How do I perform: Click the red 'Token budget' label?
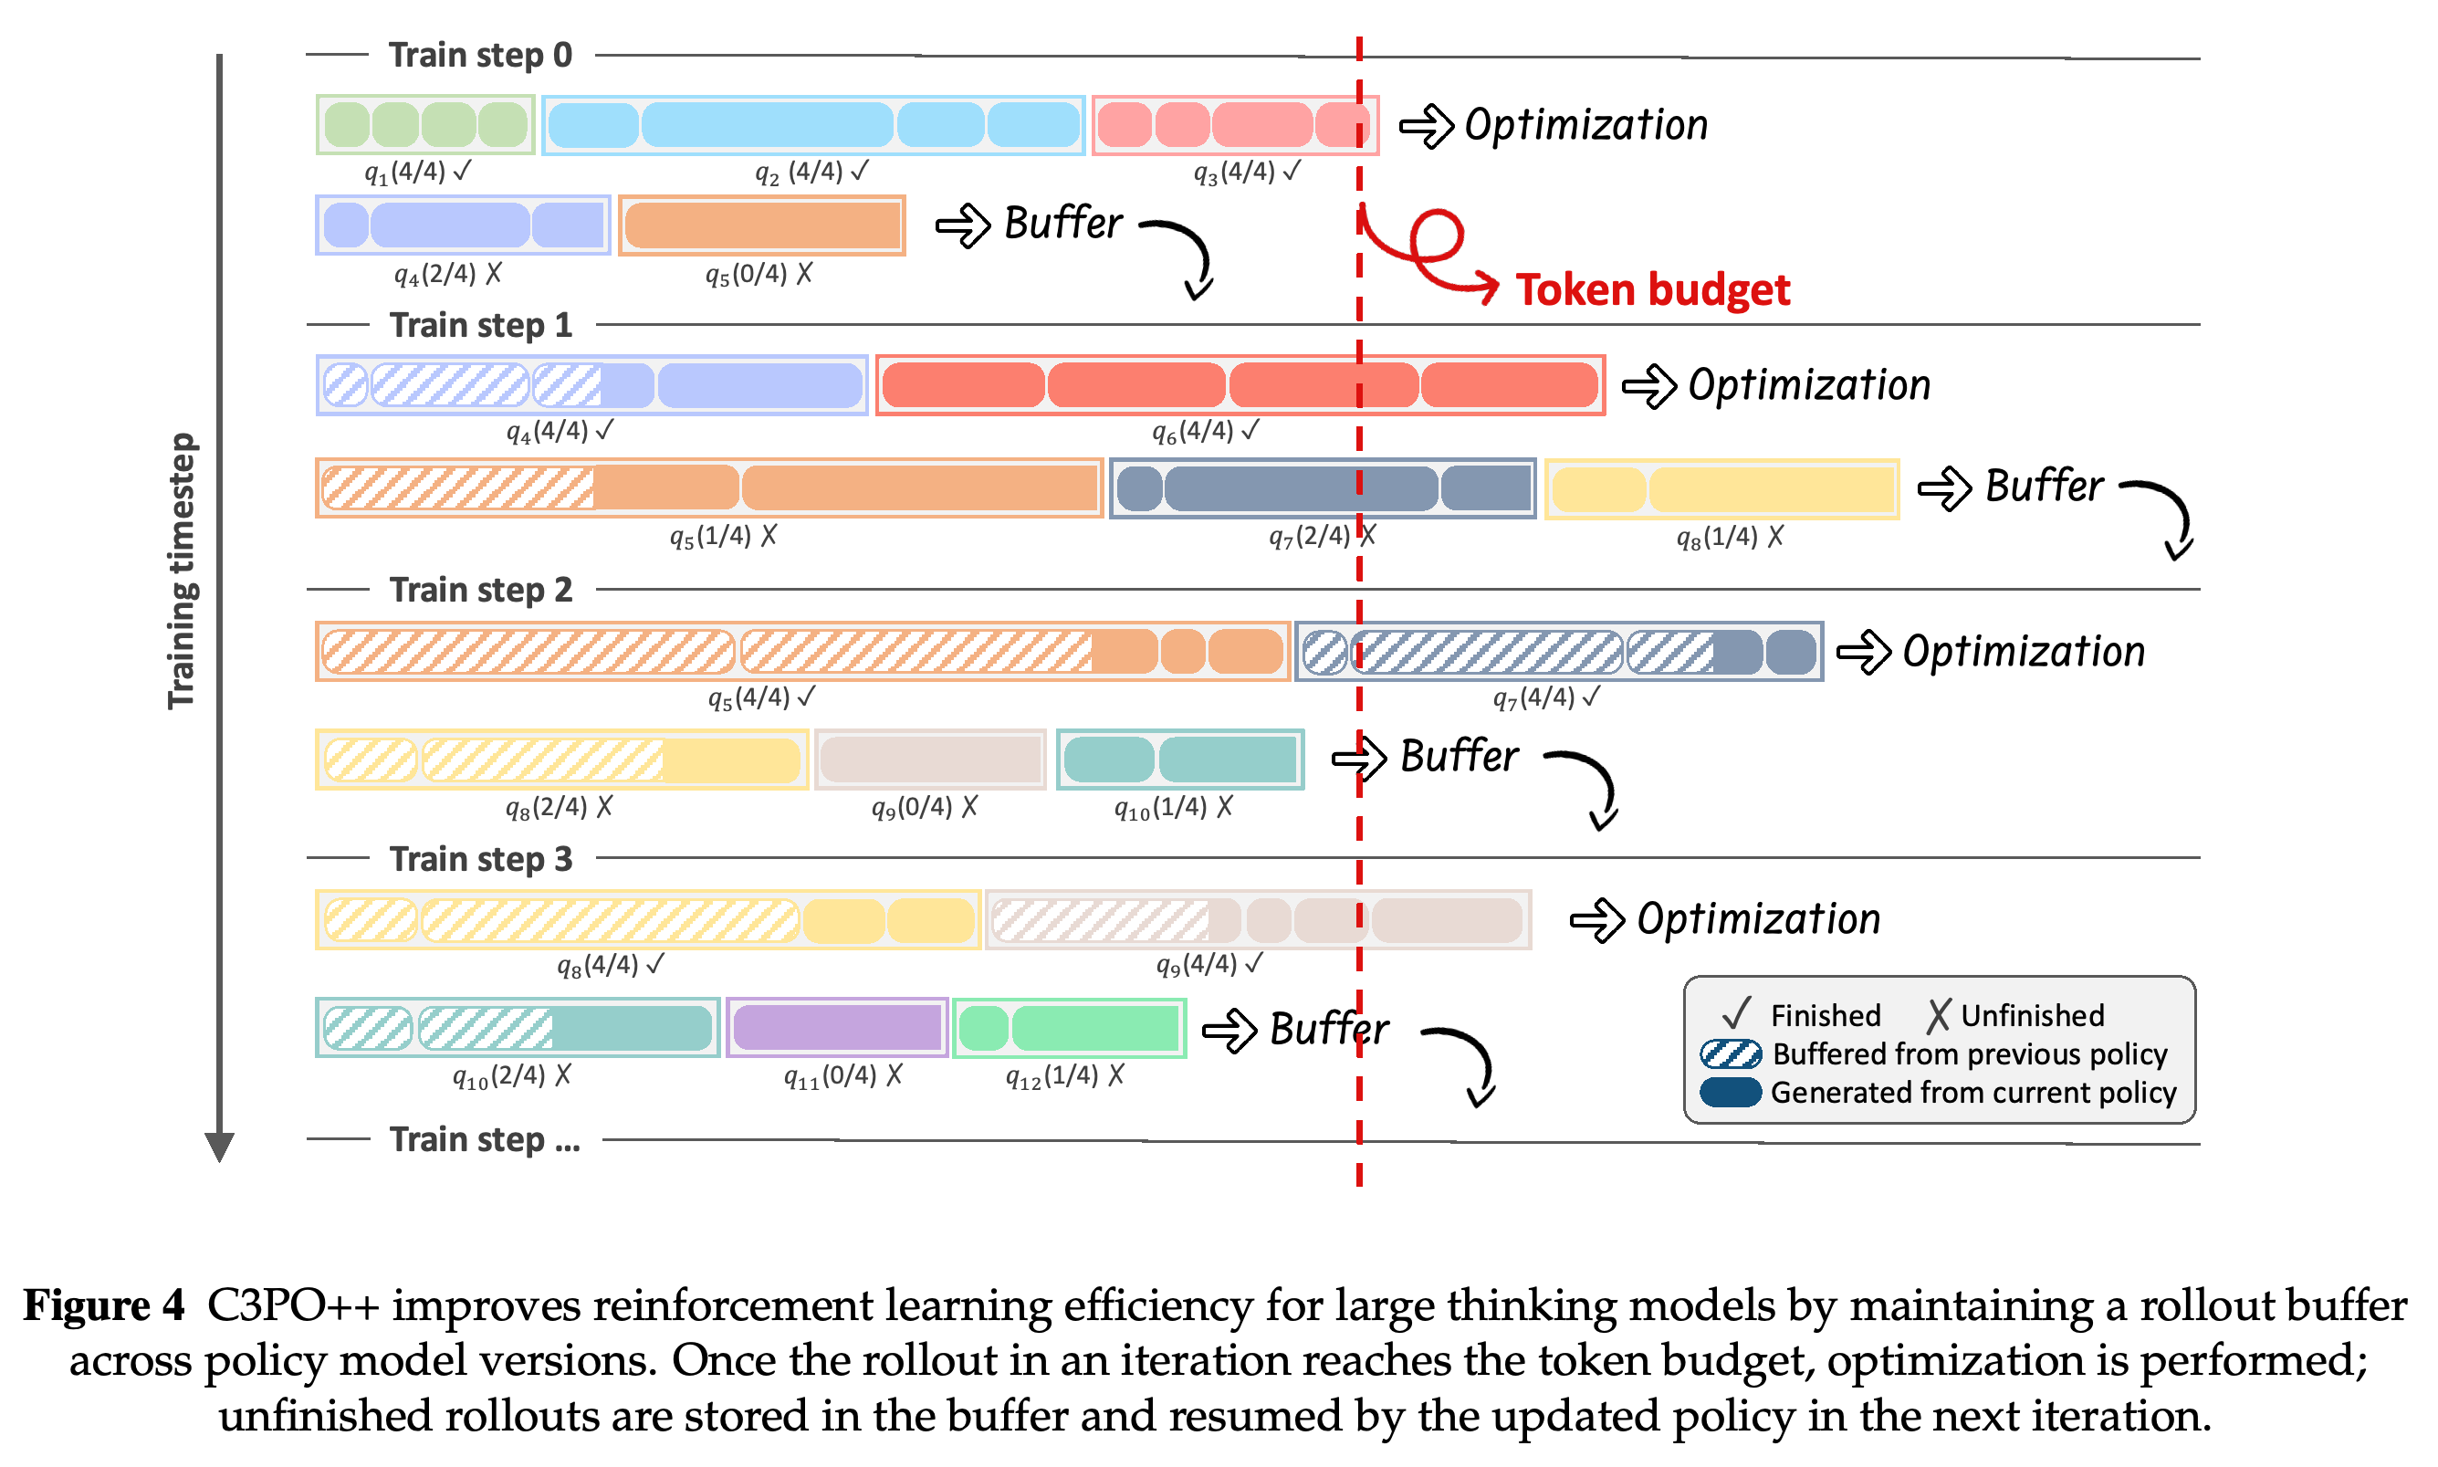pyautogui.click(x=1651, y=289)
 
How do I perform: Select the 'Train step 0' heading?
pyautogui.click(x=480, y=56)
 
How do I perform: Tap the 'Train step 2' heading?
pyautogui.click(x=480, y=589)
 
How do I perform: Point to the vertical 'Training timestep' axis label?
pyautogui.click(x=183, y=571)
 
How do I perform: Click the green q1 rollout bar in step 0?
pyautogui.click(x=425, y=124)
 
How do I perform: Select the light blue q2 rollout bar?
pyautogui.click(x=812, y=124)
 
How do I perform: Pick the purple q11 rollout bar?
pyautogui.click(x=836, y=1027)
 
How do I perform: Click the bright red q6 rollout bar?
pyautogui.click(x=1240, y=384)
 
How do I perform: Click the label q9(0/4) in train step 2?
pyautogui.click(x=923, y=808)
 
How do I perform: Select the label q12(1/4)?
pyautogui.click(x=1063, y=1075)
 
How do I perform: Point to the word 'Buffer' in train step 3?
pyautogui.click(x=1328, y=1029)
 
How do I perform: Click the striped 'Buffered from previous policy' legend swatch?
pyautogui.click(x=1730, y=1053)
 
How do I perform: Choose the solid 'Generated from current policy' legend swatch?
pyautogui.click(x=1730, y=1093)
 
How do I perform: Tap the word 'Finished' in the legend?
pyautogui.click(x=1825, y=1015)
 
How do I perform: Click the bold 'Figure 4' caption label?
pyautogui.click(x=104, y=1305)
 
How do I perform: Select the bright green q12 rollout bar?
pyautogui.click(x=1069, y=1027)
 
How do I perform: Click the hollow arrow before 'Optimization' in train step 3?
pyautogui.click(x=1597, y=920)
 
